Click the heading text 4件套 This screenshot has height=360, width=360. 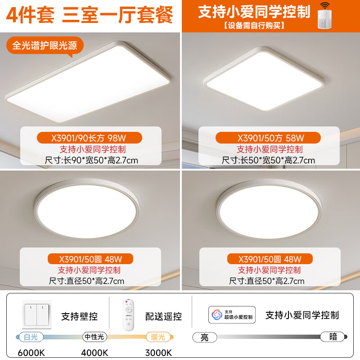(x=28, y=15)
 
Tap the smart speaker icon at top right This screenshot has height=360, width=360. (x=324, y=17)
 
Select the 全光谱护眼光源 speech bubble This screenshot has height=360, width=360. (x=45, y=46)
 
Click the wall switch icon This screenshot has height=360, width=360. (x=36, y=315)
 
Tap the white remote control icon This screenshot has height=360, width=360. (x=128, y=315)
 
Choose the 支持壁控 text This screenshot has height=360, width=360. (x=79, y=316)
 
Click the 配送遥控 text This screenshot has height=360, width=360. (x=164, y=316)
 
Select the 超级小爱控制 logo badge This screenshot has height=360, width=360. (x=232, y=315)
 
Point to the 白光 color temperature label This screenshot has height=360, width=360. (x=27, y=337)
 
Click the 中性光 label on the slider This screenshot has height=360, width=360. (x=95, y=337)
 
